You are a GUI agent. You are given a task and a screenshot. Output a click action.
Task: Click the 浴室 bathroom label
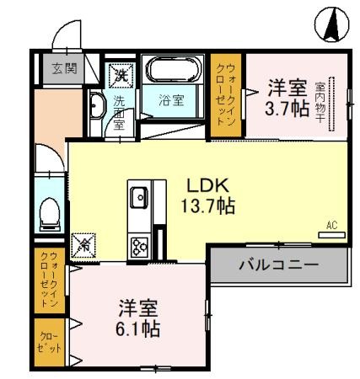tap(171, 101)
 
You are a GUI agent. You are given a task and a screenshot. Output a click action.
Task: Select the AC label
tap(331, 225)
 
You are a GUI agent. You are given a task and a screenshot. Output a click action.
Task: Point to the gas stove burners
tap(137, 246)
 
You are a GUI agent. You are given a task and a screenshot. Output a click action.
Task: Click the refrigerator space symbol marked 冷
tap(85, 245)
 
